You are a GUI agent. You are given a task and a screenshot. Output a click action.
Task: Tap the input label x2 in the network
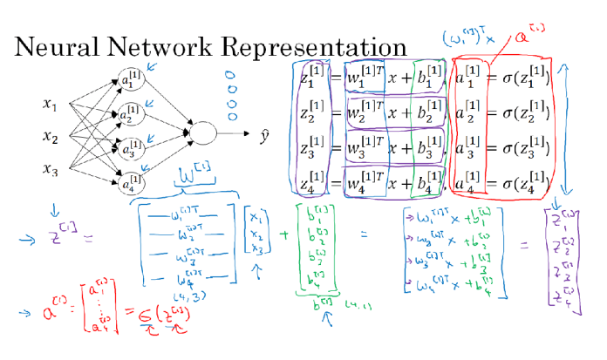point(50,137)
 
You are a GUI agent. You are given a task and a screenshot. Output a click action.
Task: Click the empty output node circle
point(201,133)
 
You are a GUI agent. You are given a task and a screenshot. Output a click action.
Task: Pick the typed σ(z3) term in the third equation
point(520,149)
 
